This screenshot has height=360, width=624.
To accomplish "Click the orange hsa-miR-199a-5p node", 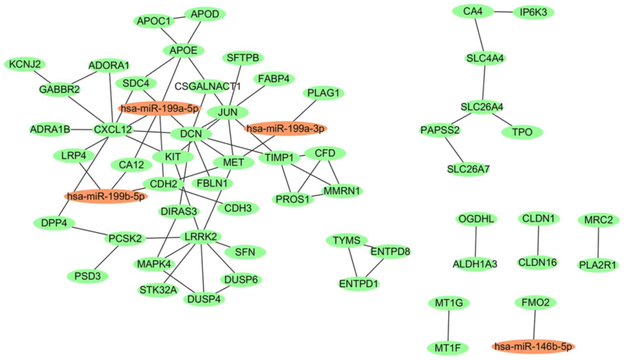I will click(159, 109).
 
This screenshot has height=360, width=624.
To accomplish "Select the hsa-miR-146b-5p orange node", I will click(533, 346).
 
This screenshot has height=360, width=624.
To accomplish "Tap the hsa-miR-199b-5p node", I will click(106, 196).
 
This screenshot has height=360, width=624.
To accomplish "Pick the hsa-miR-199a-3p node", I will click(285, 128).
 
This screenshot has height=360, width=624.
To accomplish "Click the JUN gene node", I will click(228, 112).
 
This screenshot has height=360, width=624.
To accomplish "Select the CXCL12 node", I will click(113, 130).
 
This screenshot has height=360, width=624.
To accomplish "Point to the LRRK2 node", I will click(201, 237).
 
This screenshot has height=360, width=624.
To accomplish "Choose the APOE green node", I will click(184, 51).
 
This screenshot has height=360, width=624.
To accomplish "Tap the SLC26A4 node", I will click(482, 107).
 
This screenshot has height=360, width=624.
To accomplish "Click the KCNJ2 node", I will click(25, 64).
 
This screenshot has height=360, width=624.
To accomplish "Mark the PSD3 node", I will click(87, 277).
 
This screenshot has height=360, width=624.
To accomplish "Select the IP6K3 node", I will click(533, 12).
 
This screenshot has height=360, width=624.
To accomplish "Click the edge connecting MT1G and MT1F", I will click(449, 325).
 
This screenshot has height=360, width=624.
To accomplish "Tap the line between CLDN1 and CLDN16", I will click(538, 240).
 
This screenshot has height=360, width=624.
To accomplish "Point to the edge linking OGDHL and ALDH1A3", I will click(476, 241).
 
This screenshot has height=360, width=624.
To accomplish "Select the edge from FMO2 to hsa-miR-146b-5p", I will click(534, 324).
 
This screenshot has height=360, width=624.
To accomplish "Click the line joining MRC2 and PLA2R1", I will click(598, 243).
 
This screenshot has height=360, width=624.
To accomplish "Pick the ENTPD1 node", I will click(358, 284).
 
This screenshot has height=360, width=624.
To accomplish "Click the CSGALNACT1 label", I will click(207, 86).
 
